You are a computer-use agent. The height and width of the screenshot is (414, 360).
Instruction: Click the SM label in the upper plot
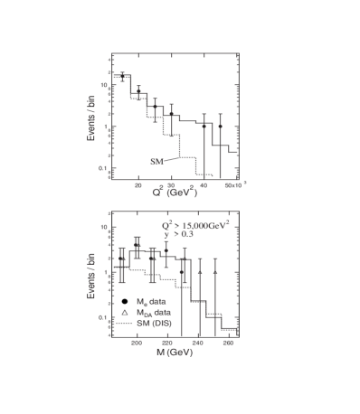(156, 161)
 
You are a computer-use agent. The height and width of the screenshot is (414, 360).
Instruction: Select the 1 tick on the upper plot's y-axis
(105, 127)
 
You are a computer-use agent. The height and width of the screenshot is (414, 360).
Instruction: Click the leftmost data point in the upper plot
(122, 76)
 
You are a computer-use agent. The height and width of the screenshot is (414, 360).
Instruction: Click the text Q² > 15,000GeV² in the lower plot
(195, 224)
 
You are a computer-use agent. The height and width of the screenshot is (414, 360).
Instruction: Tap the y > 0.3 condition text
(176, 234)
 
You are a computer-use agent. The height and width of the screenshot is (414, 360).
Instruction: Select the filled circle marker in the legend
(125, 300)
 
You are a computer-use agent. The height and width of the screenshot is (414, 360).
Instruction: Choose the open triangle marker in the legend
(125, 311)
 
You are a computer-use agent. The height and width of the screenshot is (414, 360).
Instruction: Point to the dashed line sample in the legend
(125, 322)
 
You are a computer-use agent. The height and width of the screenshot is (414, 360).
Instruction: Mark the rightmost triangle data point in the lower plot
(215, 269)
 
